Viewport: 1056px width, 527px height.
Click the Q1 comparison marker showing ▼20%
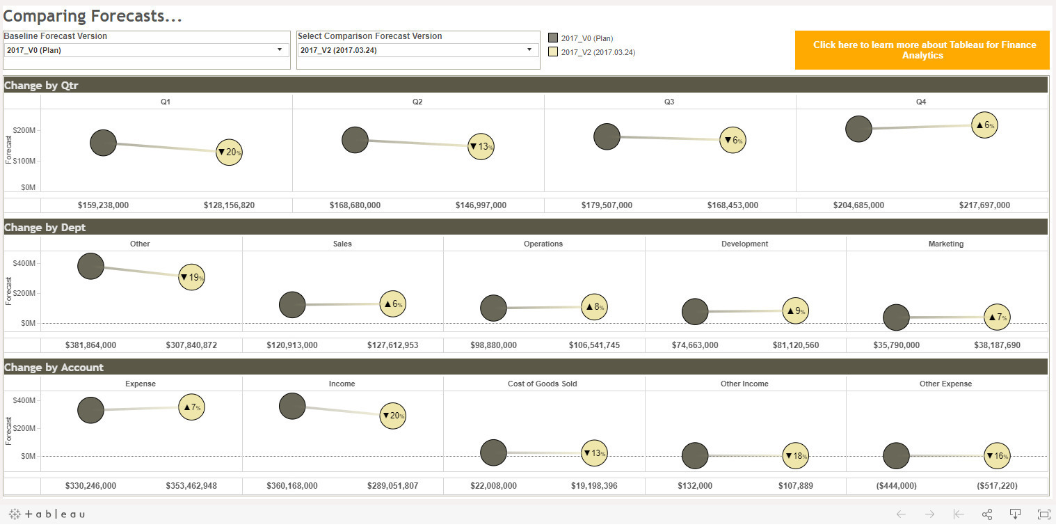229,152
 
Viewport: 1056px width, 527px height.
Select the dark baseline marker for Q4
858,129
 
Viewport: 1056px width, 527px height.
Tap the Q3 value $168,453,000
733,205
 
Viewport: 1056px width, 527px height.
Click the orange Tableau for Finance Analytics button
922,50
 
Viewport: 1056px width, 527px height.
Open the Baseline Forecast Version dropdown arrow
280,49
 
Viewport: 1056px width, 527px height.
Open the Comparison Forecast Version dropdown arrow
529,49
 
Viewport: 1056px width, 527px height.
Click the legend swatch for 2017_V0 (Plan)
553,38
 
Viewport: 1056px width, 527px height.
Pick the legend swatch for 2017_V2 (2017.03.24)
553,52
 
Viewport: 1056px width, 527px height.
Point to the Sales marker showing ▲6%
393,304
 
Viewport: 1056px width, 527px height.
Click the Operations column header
543,244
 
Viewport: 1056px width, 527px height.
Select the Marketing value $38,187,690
997,345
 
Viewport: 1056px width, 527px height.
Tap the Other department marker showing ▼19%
191,277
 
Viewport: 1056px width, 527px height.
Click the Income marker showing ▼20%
393,416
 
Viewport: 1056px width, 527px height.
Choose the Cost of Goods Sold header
542,384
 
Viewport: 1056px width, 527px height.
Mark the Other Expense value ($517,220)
997,485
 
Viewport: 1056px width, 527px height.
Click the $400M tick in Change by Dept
24,263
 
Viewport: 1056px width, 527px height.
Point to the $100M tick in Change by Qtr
24,161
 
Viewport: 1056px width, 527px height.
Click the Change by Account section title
54,367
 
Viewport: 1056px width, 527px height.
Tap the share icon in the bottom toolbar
986,514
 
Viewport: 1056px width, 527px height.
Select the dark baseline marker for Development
695,311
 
